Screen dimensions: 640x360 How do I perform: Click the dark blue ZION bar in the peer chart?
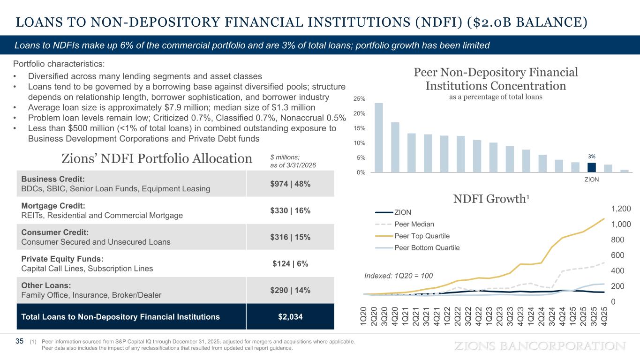click(x=591, y=167)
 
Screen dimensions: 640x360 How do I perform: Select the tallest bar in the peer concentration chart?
click(x=378, y=138)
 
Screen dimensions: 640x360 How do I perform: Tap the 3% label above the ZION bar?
click(x=591, y=157)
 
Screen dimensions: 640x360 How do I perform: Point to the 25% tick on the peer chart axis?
click(x=359, y=99)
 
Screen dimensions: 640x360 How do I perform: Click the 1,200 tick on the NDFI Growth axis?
click(x=621, y=209)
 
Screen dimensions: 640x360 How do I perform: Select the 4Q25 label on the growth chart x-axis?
click(x=604, y=316)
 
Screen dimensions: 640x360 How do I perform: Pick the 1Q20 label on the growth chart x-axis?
click(x=363, y=316)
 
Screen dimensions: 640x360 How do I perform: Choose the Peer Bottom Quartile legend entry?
click(x=417, y=247)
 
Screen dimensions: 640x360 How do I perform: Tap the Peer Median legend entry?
click(x=405, y=224)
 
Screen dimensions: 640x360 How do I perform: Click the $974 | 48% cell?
click(x=290, y=184)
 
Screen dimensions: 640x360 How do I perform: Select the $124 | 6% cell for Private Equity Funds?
click(x=290, y=263)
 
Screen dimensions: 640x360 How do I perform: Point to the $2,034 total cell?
click(x=290, y=316)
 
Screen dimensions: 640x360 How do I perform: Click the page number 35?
click(x=19, y=341)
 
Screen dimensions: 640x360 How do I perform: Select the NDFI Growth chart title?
click(x=491, y=199)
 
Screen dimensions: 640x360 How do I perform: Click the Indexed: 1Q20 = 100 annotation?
click(x=399, y=276)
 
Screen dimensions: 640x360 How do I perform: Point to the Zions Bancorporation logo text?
click(x=540, y=346)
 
